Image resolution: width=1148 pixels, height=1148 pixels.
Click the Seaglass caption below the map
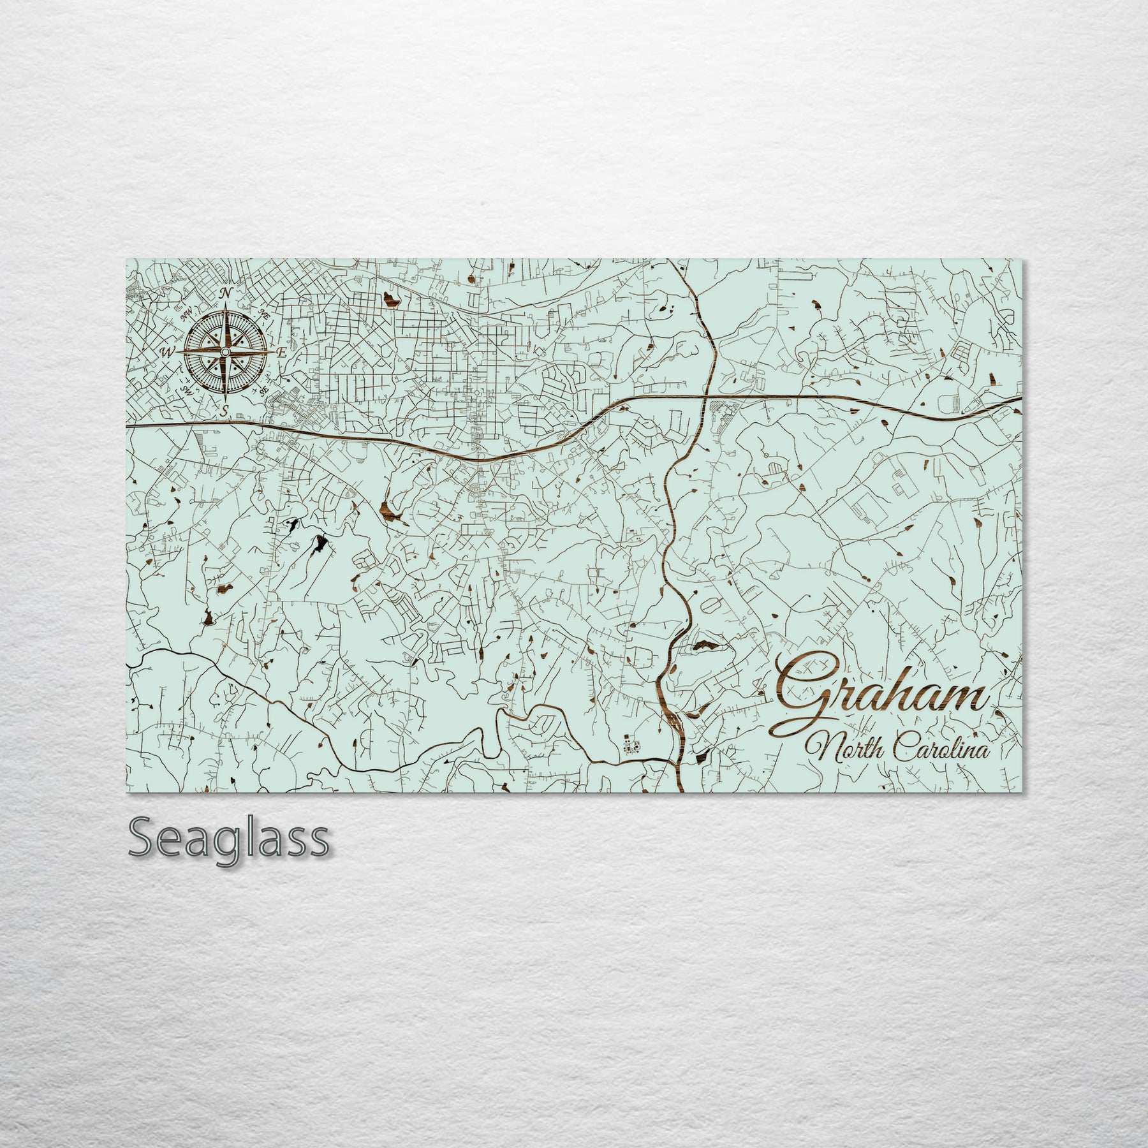pos(229,840)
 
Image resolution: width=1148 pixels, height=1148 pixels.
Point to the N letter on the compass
pos(225,293)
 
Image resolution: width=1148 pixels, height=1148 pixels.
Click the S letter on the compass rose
pos(224,409)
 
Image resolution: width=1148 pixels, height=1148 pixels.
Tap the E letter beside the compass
pos(282,351)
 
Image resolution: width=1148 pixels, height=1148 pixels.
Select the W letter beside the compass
pos(166,352)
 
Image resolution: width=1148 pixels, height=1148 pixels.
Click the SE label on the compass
pos(262,390)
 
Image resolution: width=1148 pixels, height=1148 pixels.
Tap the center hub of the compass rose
pos(225,351)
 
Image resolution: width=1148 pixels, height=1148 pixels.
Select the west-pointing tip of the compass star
pos(177,351)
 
